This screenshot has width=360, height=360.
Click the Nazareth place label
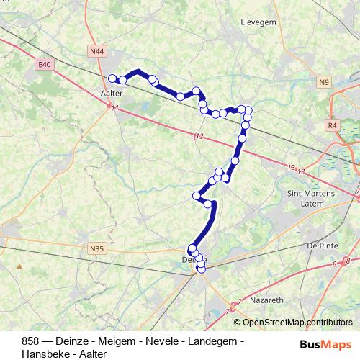(266, 297)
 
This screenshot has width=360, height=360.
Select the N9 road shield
(323, 83)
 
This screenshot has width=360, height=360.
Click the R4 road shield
(333, 125)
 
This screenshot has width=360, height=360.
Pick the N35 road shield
(97, 249)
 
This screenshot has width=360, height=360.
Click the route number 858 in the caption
(31, 341)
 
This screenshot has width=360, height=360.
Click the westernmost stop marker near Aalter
(112, 78)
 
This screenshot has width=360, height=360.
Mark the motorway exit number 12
(199, 136)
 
